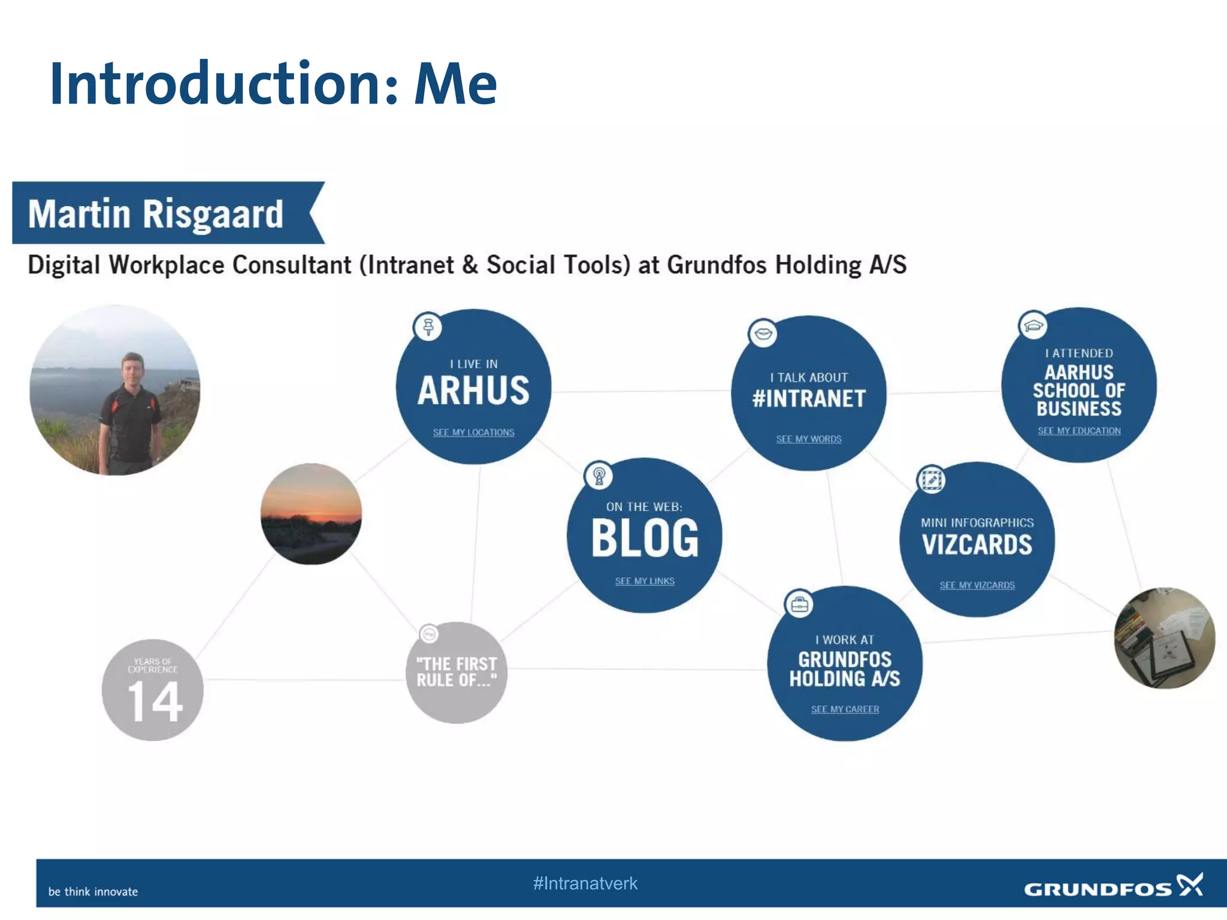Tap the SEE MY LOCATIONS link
click(473, 432)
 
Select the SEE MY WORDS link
click(809, 439)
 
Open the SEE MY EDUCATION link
click(1079, 431)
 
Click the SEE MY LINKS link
click(645, 581)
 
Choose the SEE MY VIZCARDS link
click(977, 585)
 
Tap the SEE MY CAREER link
click(845, 709)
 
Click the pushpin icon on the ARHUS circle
click(428, 327)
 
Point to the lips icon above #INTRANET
click(763, 333)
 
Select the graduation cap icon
click(1033, 325)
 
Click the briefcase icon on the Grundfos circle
click(799, 605)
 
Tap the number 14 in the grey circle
click(155, 701)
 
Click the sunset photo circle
click(311, 514)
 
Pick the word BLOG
click(645, 538)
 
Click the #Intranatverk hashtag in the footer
click(585, 883)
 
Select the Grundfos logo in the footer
click(1113, 887)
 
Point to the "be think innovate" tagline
click(93, 892)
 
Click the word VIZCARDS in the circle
click(977, 544)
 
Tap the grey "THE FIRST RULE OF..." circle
click(457, 673)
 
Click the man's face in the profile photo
click(133, 367)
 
